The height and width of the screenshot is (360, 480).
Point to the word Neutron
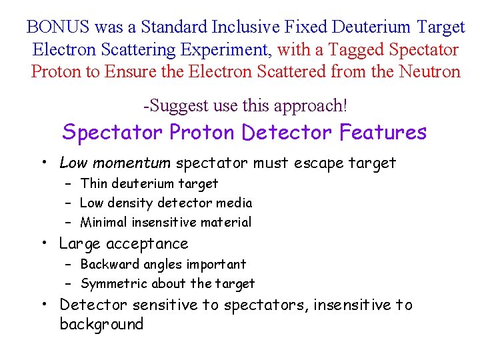click(426, 71)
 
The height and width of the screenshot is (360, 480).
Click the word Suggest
click(180, 105)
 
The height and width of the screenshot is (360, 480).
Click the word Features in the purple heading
click(382, 132)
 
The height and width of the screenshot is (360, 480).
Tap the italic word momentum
click(137, 163)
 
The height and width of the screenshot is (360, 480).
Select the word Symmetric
click(114, 283)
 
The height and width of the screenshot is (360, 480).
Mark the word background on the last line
click(101, 324)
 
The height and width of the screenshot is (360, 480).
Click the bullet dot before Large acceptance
click(43, 243)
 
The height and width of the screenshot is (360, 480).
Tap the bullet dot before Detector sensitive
click(43, 305)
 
